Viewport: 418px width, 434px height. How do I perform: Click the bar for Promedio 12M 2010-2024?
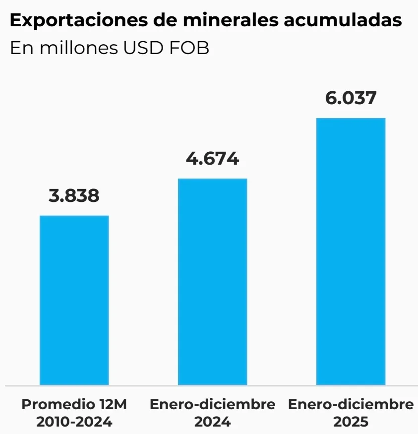coord(74,300)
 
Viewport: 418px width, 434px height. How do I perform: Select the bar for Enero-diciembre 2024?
coord(212,281)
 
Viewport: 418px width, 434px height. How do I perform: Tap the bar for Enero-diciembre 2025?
coord(351,251)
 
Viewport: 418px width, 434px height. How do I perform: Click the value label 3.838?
coord(74,195)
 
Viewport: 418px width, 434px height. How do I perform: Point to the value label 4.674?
coord(212,159)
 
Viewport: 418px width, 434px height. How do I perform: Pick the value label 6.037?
coord(351,98)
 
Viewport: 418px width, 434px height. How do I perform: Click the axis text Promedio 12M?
coord(74,404)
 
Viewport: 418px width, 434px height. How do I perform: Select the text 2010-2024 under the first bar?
coord(74,422)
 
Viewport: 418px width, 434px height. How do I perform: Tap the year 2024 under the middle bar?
coord(212,422)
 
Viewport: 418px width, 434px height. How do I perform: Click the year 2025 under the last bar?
coord(351,422)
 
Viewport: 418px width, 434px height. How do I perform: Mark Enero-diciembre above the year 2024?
coord(212,404)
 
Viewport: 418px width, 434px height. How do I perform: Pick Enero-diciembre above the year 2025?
coord(351,404)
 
